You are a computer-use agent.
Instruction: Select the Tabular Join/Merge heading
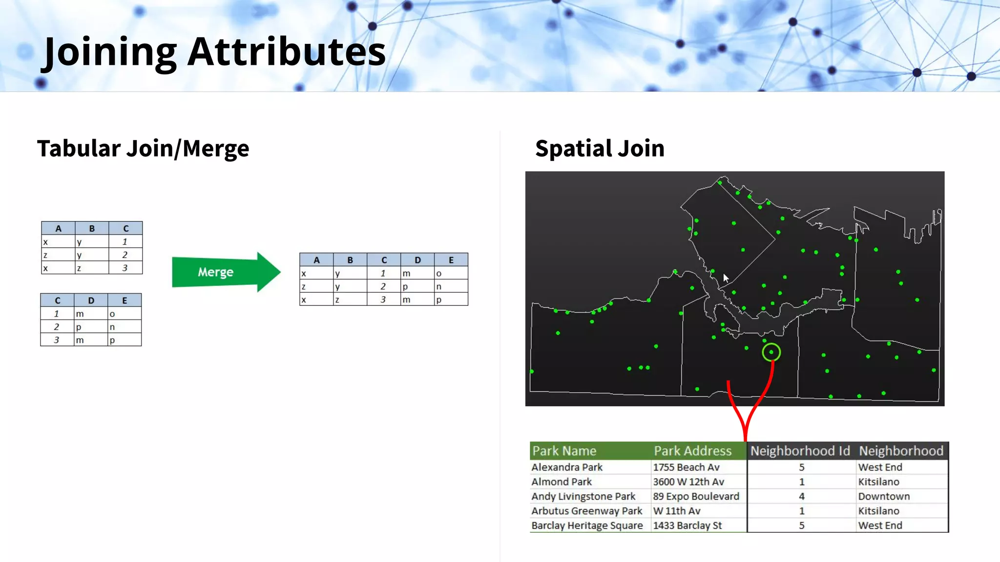tap(143, 148)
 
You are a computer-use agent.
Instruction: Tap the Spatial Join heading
tap(600, 148)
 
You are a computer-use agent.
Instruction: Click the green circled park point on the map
tap(771, 352)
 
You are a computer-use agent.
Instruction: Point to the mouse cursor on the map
tap(726, 278)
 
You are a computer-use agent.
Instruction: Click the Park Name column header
tap(564, 451)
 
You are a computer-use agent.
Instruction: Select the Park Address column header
tap(692, 451)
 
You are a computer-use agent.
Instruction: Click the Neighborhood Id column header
tap(800, 451)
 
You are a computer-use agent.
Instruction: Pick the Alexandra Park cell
tap(567, 467)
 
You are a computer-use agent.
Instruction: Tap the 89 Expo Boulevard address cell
tap(696, 497)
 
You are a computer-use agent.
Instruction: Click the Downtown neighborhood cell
tap(884, 497)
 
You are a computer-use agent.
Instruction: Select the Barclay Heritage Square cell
tap(587, 526)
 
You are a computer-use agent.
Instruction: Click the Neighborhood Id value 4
tap(801, 497)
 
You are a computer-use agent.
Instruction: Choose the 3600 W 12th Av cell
tap(688, 482)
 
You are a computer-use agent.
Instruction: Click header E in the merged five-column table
tap(451, 260)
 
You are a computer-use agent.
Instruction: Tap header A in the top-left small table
tap(58, 228)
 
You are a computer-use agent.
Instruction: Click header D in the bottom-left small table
tap(91, 301)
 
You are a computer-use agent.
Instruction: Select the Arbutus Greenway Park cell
tap(586, 511)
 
